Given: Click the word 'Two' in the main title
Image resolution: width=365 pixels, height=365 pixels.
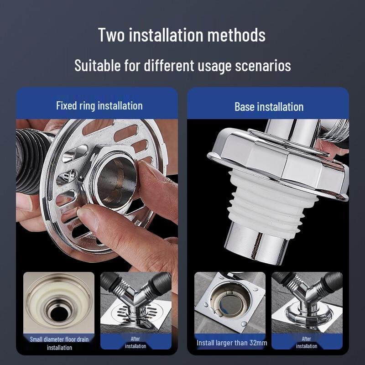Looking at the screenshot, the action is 111,35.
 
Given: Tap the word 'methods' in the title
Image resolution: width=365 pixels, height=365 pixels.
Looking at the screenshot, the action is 236,35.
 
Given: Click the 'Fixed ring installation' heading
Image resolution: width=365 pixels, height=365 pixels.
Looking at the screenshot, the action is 99,106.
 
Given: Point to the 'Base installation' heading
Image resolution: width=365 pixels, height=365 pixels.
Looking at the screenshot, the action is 269,107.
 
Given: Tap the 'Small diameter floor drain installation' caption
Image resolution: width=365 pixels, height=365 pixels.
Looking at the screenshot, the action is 59,344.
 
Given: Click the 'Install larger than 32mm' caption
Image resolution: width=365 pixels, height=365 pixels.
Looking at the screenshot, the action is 232,343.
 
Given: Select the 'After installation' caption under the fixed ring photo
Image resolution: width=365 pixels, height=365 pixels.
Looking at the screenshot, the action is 136,343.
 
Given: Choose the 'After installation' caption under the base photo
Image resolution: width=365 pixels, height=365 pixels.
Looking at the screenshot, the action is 306,343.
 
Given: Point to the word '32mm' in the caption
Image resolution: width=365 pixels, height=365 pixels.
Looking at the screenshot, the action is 258,343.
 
